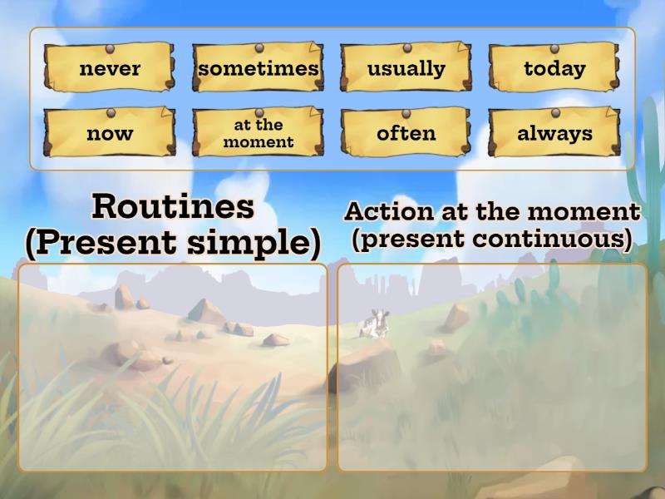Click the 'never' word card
tap(110, 68)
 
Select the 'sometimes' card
tap(259, 68)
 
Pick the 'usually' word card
tap(406, 68)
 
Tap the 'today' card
tap(554, 68)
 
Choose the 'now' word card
tap(110, 133)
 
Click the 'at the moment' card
tap(259, 133)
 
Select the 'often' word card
tap(406, 133)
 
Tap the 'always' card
tap(554, 133)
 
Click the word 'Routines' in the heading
tap(173, 206)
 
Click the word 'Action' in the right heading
tap(389, 211)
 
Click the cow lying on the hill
tap(373, 324)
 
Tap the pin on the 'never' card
tap(111, 47)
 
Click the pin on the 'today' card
tap(554, 47)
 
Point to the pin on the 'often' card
tap(406, 112)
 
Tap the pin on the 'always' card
tap(554, 112)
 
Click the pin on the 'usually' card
tap(406, 47)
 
